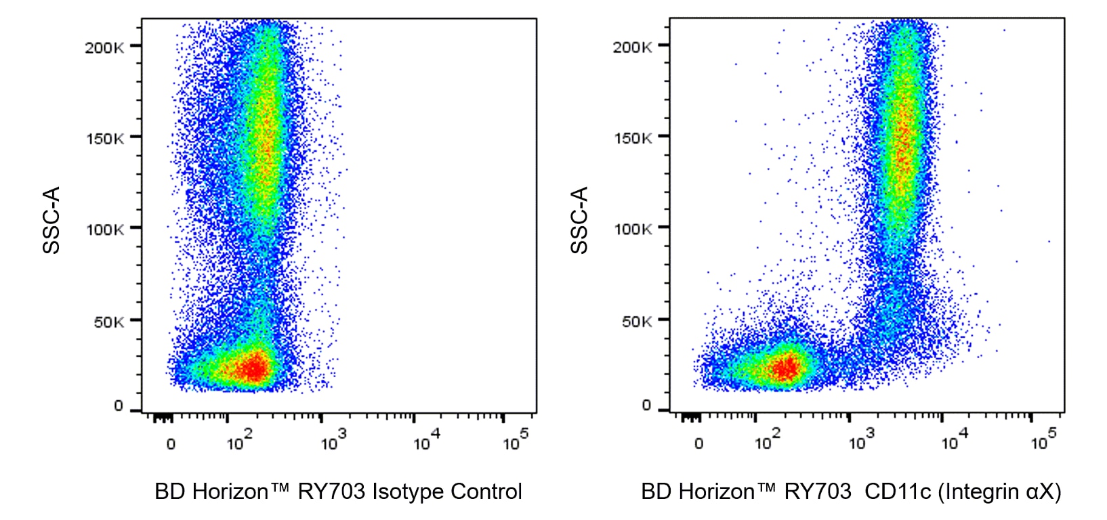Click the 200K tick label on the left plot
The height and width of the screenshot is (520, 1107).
point(104,47)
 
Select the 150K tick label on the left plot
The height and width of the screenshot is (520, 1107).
point(104,138)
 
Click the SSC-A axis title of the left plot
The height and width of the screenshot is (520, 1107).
point(51,220)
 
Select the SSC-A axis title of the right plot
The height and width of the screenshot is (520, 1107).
point(579,220)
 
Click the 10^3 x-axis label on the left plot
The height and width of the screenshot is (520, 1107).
point(333,441)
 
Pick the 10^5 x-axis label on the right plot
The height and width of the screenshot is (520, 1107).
point(1043,441)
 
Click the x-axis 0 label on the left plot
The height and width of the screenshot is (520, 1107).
point(171,444)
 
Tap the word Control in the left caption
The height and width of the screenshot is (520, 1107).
point(486,492)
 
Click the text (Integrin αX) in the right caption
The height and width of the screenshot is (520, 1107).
point(999,492)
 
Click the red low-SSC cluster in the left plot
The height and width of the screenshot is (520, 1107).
point(253,369)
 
